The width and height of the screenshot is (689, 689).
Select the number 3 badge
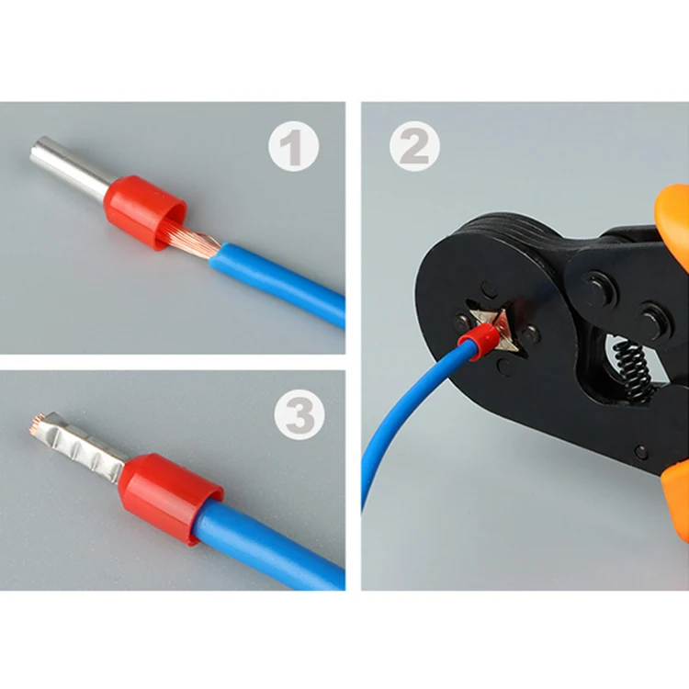299,418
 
